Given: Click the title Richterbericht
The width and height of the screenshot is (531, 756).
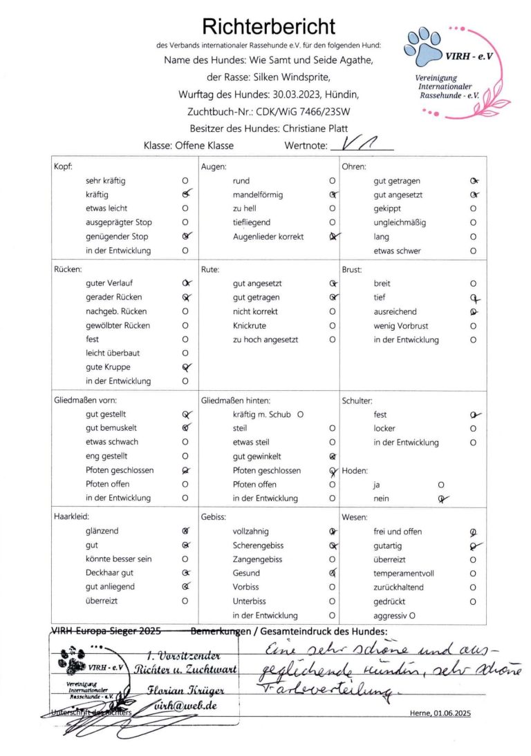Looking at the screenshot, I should [x=268, y=27].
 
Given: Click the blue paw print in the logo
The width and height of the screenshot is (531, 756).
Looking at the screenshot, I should [x=422, y=44].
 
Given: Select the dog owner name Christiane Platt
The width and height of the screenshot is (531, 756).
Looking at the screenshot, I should [x=312, y=128].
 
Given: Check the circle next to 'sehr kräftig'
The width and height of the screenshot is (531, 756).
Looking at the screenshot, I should [x=185, y=181].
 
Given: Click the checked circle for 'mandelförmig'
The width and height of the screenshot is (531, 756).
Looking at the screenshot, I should [x=333, y=195].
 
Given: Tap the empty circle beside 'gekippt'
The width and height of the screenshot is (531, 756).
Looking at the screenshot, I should [x=473, y=209].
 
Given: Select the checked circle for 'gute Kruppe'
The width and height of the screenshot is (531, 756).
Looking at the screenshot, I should [x=185, y=367].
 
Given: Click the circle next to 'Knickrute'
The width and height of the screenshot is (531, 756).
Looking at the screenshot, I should [x=333, y=325].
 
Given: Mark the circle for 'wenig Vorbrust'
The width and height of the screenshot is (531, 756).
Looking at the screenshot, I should [x=473, y=325].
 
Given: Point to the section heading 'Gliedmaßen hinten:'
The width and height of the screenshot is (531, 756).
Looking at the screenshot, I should [x=235, y=400].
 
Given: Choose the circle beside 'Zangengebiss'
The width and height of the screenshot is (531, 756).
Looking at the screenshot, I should [x=333, y=559].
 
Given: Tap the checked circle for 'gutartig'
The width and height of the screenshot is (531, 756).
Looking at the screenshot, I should [x=473, y=545].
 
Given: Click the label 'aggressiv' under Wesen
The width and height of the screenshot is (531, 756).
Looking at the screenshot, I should [x=390, y=614].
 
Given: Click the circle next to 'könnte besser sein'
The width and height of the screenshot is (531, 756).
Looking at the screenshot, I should [x=185, y=559].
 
